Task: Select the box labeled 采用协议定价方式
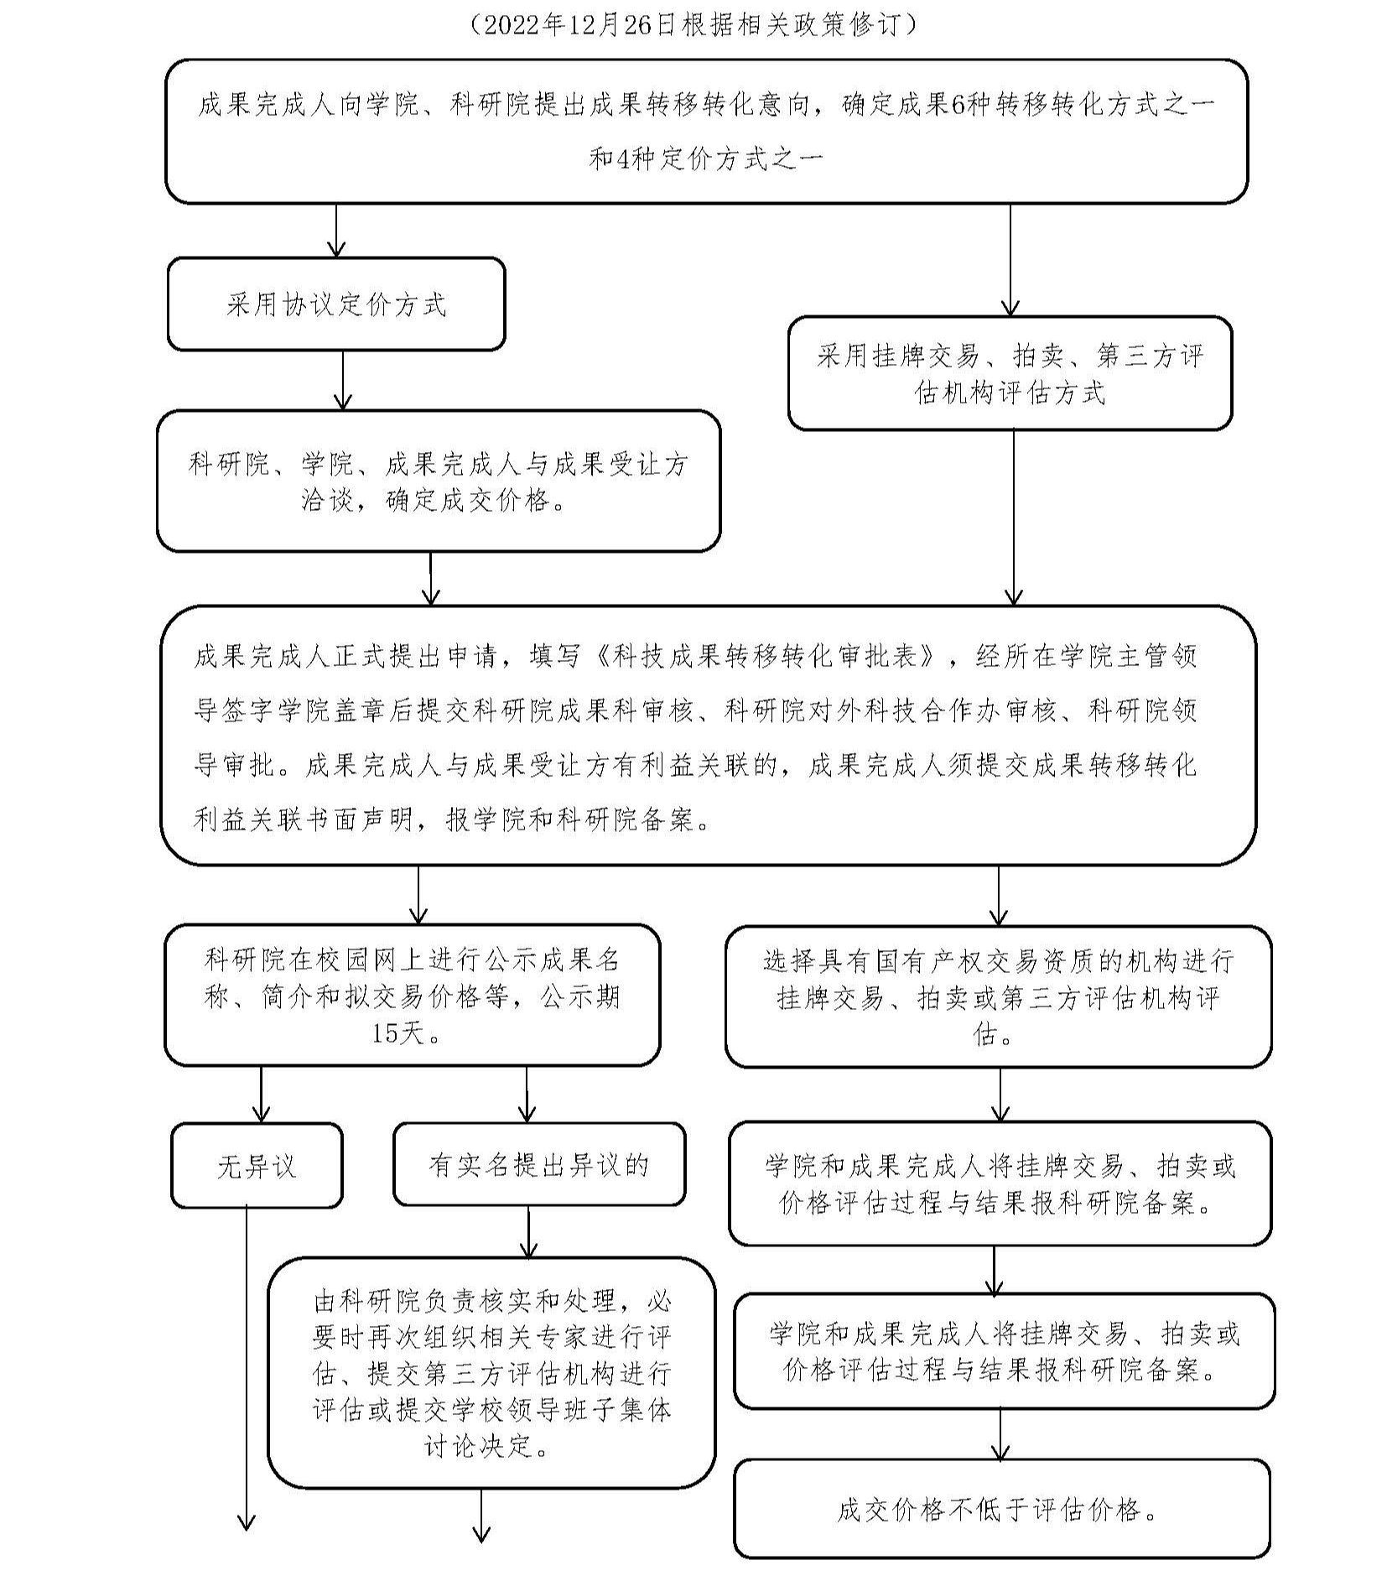pos(336,304)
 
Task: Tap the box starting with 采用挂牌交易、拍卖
pos(1010,373)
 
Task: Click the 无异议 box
pos(257,1166)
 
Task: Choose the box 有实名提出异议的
pos(538,1164)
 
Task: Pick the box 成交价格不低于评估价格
pos(1001,1510)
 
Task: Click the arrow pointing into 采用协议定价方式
pos(336,231)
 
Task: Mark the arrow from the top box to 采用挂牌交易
pos(1010,260)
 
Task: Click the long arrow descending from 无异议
pos(247,1367)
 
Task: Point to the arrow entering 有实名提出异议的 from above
pos(527,1095)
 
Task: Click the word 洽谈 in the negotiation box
pos(327,501)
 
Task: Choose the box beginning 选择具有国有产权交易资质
pos(998,996)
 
